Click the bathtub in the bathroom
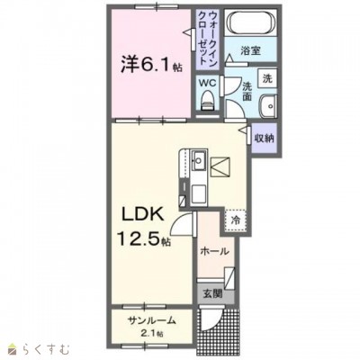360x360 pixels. (251, 22)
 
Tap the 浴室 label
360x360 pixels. (250, 50)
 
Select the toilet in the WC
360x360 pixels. (208, 101)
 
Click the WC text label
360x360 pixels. (208, 84)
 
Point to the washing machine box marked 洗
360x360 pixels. (267, 78)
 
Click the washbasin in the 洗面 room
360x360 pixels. (268, 106)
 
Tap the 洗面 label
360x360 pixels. (247, 91)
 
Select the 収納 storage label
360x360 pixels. (265, 138)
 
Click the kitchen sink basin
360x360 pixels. (198, 159)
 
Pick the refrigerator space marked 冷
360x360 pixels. (235, 220)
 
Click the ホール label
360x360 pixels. (214, 251)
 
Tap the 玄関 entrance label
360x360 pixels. (213, 293)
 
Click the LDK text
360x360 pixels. (142, 215)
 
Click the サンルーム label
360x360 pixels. (151, 320)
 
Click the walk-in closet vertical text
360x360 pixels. (208, 38)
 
